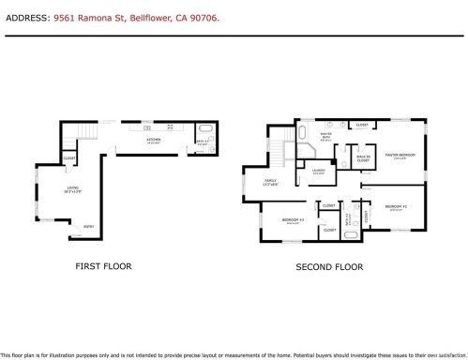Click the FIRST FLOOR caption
pos(103,266)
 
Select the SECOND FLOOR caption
pos(328,267)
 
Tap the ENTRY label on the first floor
pos(88,226)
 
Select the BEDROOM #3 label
pos(291,221)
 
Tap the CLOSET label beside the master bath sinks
pos(361,124)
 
